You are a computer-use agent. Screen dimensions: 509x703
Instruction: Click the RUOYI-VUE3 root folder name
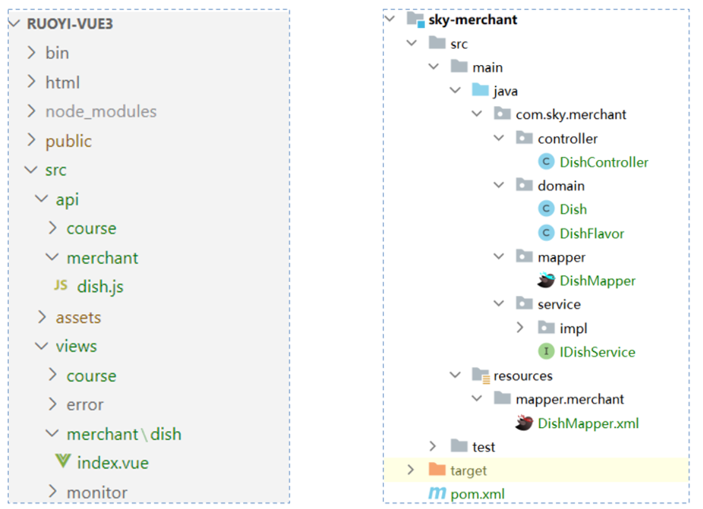click(x=69, y=24)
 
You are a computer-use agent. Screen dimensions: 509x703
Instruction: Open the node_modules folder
click(x=100, y=112)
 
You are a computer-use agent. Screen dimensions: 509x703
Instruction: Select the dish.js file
click(x=100, y=287)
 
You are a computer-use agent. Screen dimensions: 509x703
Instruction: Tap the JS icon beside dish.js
click(x=61, y=286)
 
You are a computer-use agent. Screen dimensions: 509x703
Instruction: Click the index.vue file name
click(x=112, y=463)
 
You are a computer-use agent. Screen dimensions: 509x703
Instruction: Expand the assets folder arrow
click(x=42, y=317)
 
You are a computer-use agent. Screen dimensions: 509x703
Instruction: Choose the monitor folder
click(x=97, y=493)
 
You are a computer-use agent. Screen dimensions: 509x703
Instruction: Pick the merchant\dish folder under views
click(x=124, y=434)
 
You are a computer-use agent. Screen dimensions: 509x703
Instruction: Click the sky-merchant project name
click(x=472, y=20)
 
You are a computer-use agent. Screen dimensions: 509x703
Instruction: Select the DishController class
click(x=603, y=163)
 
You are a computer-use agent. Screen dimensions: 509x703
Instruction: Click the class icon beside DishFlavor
click(x=546, y=233)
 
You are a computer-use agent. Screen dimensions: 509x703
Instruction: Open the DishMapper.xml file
click(x=588, y=423)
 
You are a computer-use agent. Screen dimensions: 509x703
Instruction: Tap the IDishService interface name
click(x=597, y=352)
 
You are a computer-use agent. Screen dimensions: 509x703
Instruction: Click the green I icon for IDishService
click(x=546, y=352)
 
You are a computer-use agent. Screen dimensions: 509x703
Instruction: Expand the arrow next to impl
click(x=520, y=328)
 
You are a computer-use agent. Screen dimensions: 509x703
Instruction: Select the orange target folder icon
click(x=437, y=470)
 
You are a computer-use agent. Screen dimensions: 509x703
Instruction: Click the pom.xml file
click(x=477, y=494)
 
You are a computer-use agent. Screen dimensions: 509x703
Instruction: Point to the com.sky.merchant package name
click(x=570, y=114)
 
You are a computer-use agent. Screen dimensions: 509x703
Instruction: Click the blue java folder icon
click(x=481, y=90)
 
